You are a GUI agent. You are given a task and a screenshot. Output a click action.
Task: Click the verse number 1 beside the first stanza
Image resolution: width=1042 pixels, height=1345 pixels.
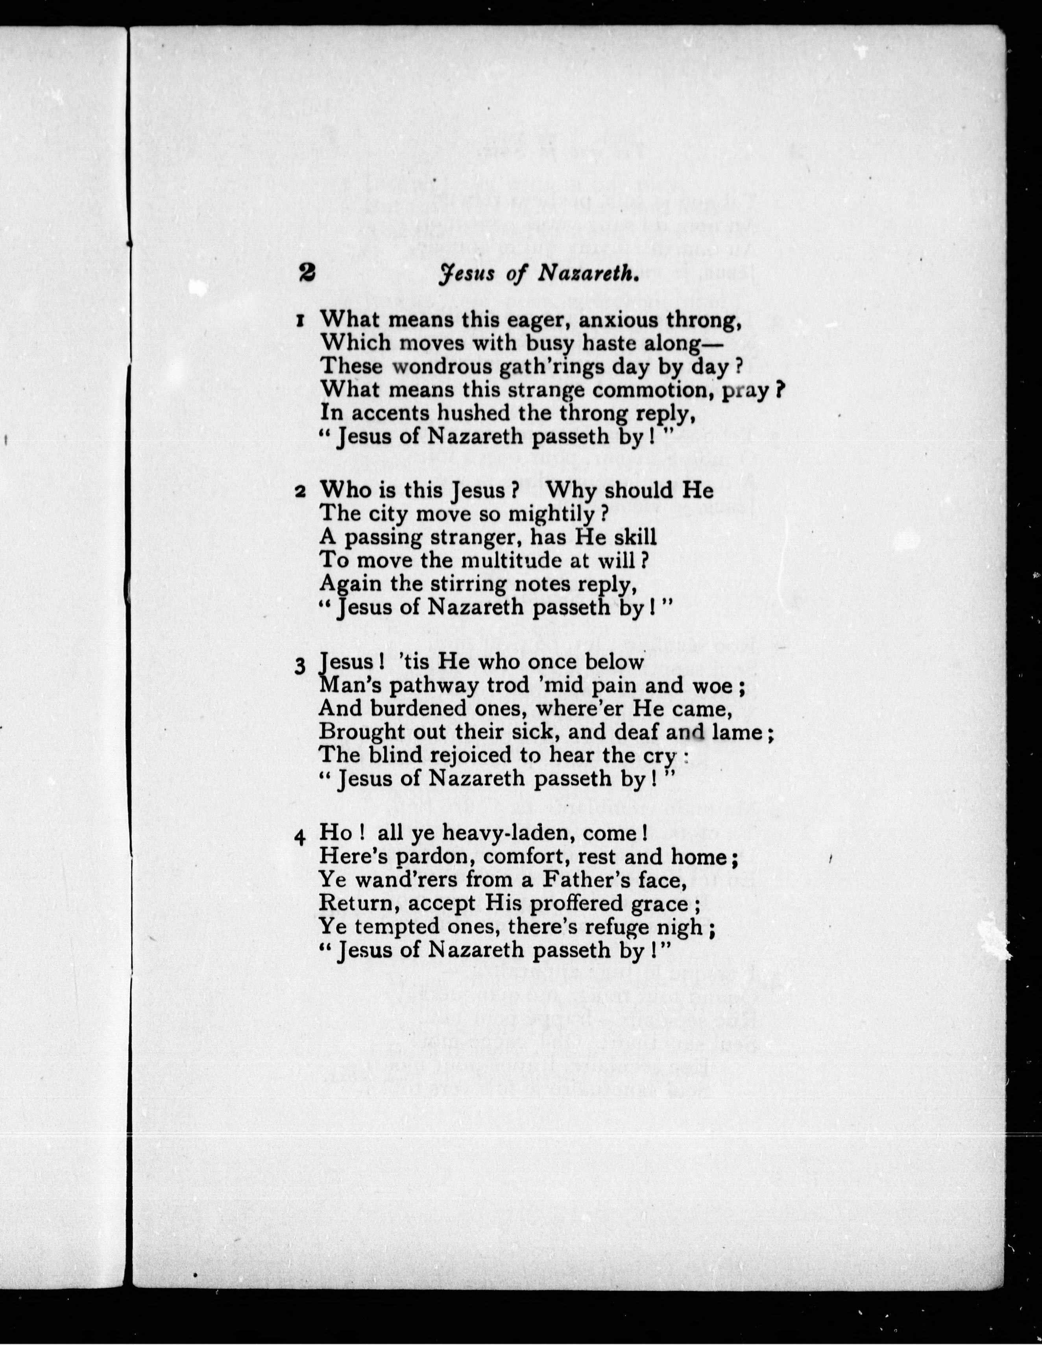(300, 321)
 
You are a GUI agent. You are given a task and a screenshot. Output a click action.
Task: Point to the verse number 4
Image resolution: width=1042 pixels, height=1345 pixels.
(300, 837)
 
